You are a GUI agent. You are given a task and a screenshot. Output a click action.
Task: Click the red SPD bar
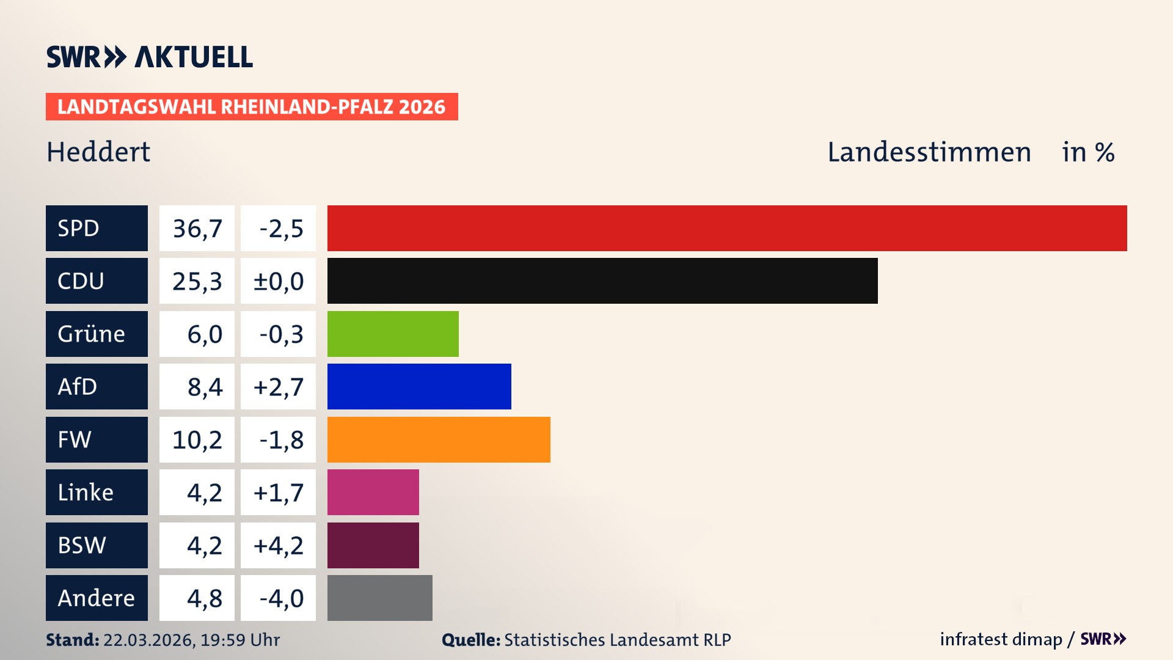point(727,228)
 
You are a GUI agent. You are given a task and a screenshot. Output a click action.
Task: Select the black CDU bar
point(602,280)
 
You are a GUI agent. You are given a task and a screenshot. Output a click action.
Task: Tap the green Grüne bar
point(393,334)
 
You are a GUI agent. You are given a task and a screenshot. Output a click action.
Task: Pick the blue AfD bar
point(419,386)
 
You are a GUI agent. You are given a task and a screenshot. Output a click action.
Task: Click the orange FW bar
point(439,439)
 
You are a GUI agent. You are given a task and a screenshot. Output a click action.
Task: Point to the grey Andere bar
point(379,598)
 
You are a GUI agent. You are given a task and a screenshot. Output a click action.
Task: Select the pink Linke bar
point(373,492)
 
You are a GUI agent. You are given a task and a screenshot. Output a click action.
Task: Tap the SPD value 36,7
point(197,229)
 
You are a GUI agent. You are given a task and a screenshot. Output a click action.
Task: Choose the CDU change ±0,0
point(278,281)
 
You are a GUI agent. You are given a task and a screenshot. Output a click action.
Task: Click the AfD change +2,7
point(278,387)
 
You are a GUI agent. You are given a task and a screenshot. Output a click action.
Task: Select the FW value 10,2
point(197,440)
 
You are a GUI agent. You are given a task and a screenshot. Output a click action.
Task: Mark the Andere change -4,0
point(280,598)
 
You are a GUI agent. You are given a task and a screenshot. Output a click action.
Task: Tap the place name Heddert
point(98,152)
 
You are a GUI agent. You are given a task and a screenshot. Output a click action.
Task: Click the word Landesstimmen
point(929,152)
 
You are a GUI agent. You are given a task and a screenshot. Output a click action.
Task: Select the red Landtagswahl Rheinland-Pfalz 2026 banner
point(252,106)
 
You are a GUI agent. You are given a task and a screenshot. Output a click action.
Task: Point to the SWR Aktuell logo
point(150,57)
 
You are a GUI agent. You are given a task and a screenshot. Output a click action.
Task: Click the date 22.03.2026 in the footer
point(148,640)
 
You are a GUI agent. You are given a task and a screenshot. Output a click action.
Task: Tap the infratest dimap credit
point(1001,639)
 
